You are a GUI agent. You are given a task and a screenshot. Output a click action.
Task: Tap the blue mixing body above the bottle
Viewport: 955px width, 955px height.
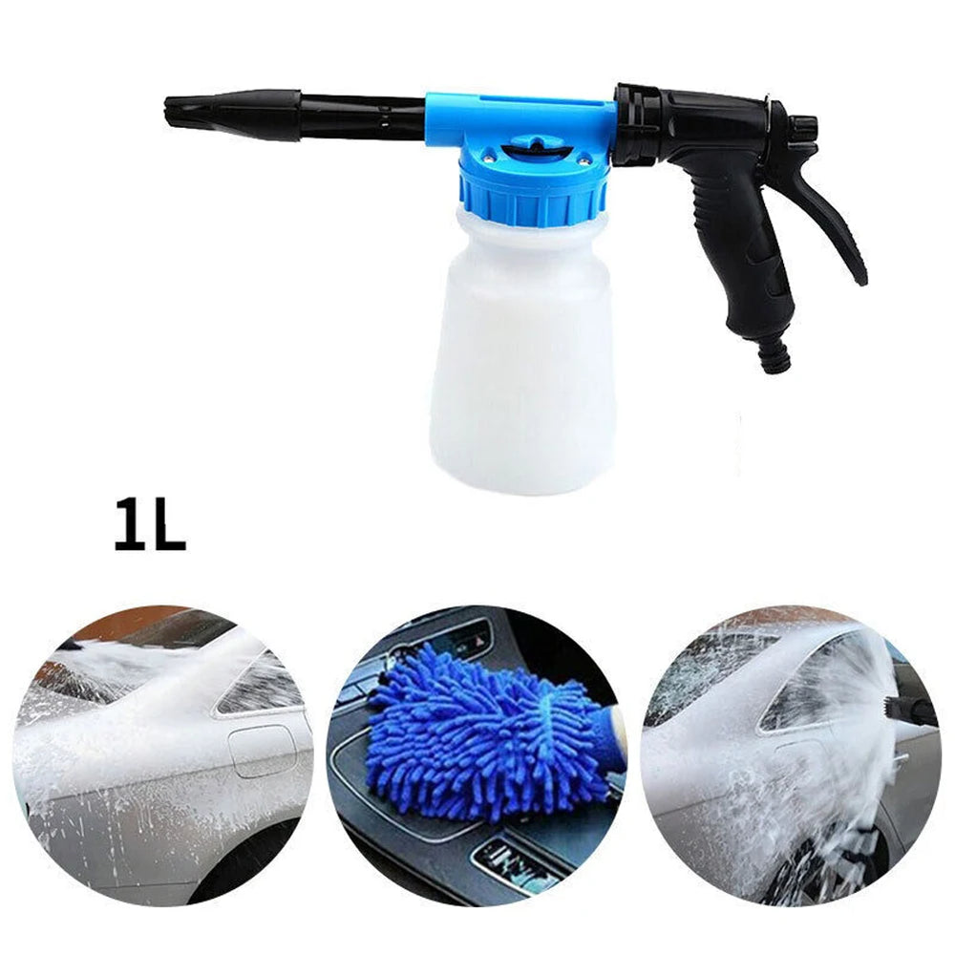[520, 124]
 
